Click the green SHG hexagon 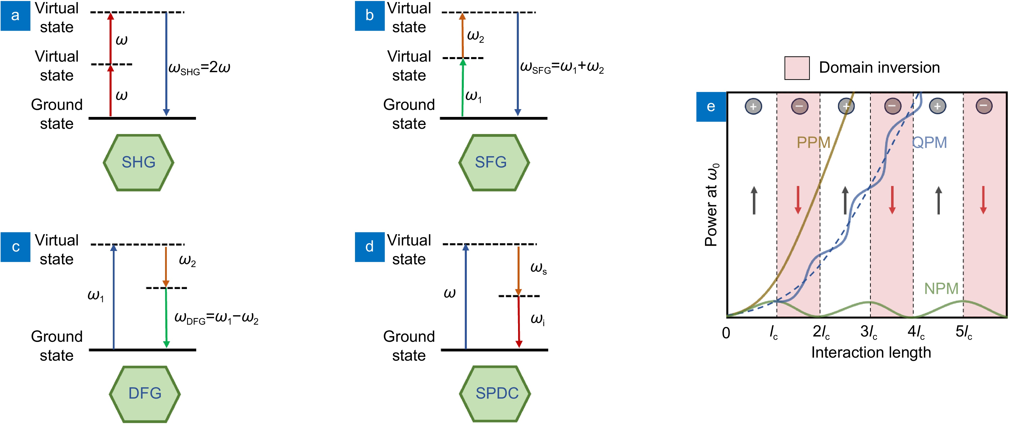(x=138, y=162)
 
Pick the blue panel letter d (x=369, y=247)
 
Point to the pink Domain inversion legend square (x=797, y=68)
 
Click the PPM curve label (x=813, y=142)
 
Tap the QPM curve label (x=930, y=142)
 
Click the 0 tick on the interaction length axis (x=726, y=333)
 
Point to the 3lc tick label (x=868, y=332)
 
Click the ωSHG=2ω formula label (x=199, y=68)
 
